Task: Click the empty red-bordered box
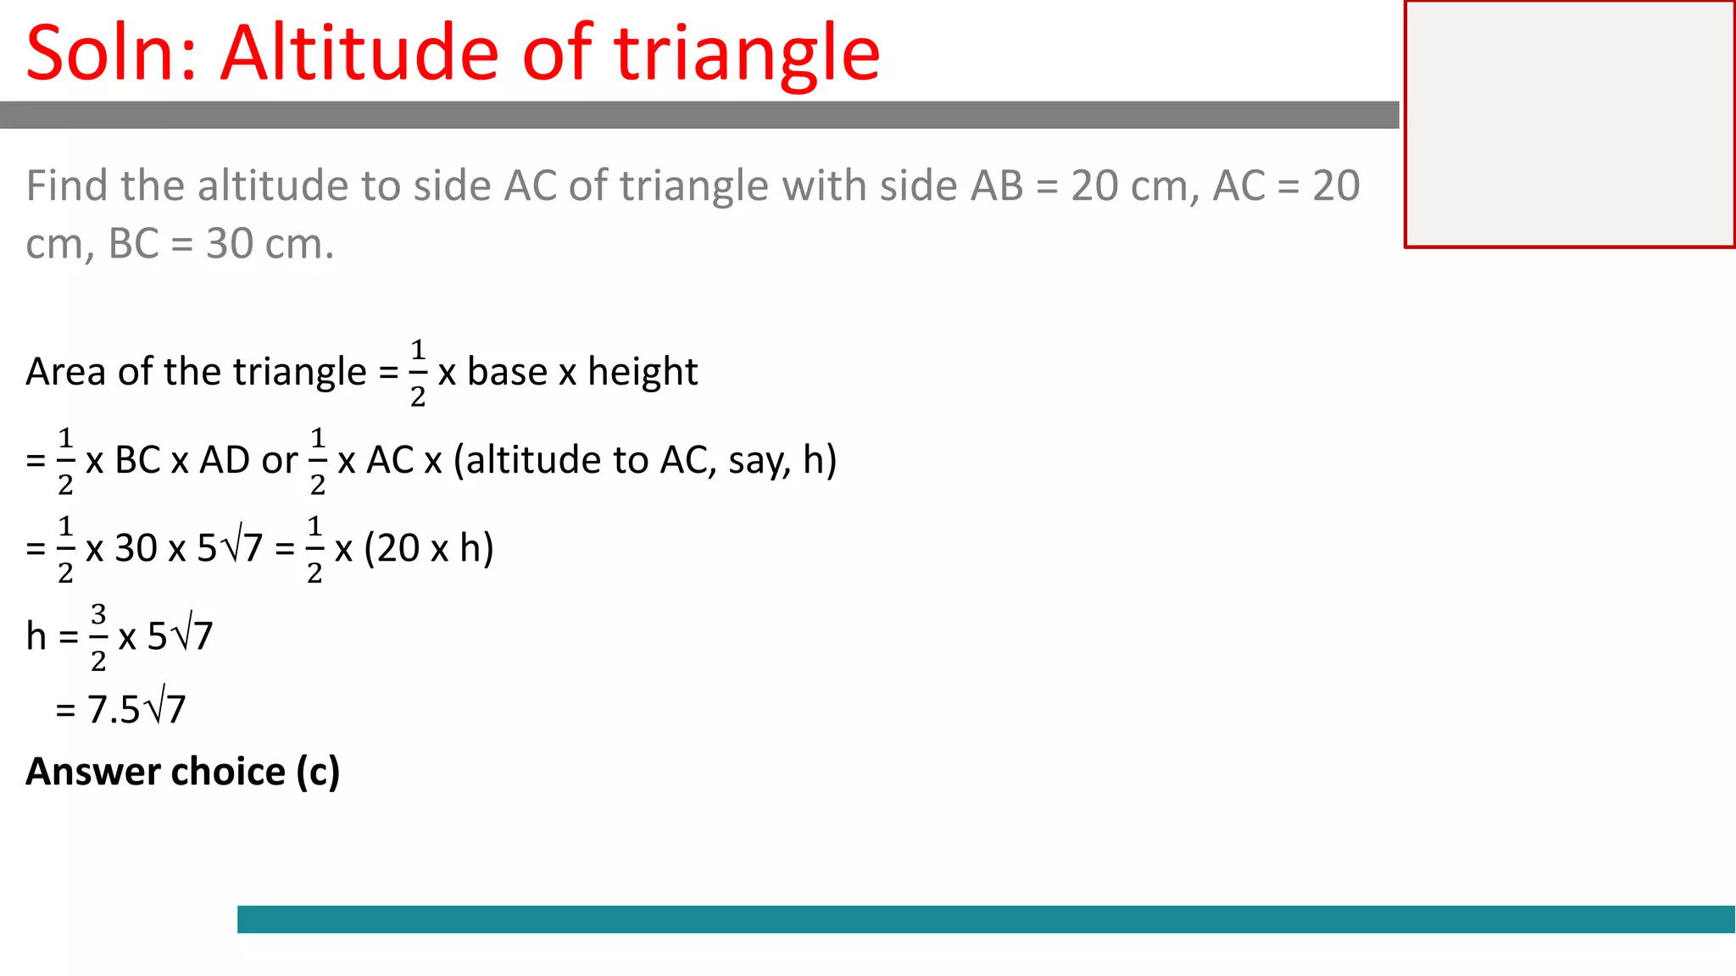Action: pyautogui.click(x=1569, y=125)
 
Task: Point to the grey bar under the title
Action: pyautogui.click(x=699, y=115)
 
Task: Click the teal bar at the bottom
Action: pyautogui.click(x=985, y=919)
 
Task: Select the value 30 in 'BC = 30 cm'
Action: pyautogui.click(x=230, y=244)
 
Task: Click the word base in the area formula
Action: pyautogui.click(x=507, y=372)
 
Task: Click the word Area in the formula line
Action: pyautogui.click(x=66, y=372)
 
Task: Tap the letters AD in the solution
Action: pyautogui.click(x=224, y=461)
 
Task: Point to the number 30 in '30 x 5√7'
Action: pyautogui.click(x=136, y=549)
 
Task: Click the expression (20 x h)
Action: pyautogui.click(x=429, y=549)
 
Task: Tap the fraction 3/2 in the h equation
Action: pyautogui.click(x=98, y=637)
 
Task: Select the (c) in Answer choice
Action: pyautogui.click(x=318, y=772)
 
